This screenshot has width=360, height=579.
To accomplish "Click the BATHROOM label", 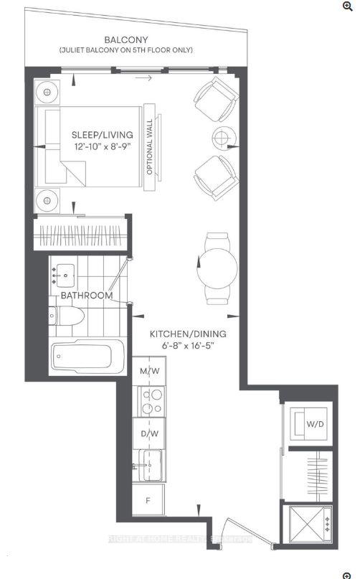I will click(x=86, y=296).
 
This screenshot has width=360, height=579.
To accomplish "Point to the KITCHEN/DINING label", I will click(x=188, y=334).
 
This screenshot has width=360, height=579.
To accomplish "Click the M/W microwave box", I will click(x=149, y=371).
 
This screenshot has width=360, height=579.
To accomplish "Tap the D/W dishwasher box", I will click(x=149, y=434).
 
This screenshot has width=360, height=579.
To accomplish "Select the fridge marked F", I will click(x=148, y=500).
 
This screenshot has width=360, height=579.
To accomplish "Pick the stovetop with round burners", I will click(x=150, y=403).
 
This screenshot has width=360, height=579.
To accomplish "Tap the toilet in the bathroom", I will click(x=67, y=316).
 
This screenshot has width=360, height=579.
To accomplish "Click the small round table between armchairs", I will click(x=222, y=137).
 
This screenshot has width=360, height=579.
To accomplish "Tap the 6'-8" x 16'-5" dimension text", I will click(x=188, y=347).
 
